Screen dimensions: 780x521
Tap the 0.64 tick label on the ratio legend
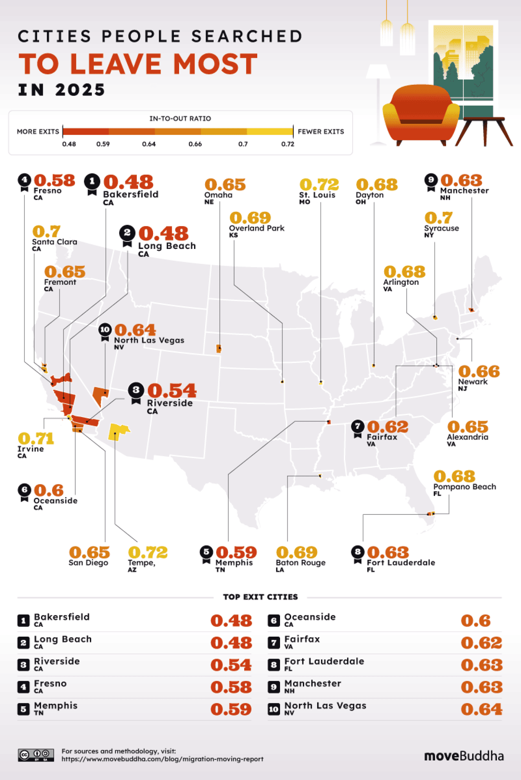click(x=149, y=144)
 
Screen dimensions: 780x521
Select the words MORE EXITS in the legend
click(x=38, y=132)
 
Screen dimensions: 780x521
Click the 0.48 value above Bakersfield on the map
click(x=128, y=182)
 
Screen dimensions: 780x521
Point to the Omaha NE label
click(x=218, y=198)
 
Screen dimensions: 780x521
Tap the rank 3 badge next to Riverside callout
click(x=136, y=390)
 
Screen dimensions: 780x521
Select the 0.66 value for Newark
click(x=479, y=371)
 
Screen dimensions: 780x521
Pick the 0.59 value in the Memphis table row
click(x=231, y=709)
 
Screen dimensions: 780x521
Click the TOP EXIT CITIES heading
click(x=260, y=597)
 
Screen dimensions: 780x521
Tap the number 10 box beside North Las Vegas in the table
click(x=274, y=709)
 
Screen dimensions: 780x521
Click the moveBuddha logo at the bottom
click(x=464, y=756)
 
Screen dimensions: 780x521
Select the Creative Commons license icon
click(x=36, y=755)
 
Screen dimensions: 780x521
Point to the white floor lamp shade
click(x=378, y=71)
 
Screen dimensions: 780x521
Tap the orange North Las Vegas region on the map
click(x=100, y=395)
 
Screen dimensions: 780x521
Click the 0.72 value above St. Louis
click(x=319, y=185)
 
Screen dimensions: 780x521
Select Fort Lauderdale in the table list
click(x=324, y=661)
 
